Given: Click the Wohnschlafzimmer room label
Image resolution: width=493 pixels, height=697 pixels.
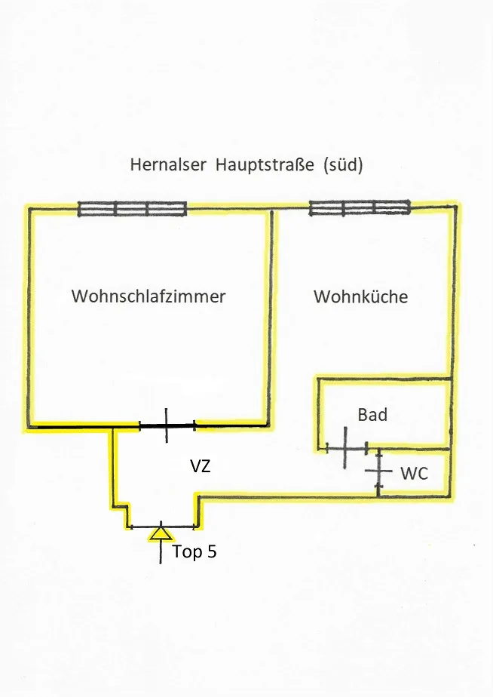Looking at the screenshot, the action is click(x=149, y=296).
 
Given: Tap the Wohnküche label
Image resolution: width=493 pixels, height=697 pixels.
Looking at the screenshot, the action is click(x=360, y=296).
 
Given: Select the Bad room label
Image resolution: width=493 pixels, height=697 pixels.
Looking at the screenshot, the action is click(x=372, y=415).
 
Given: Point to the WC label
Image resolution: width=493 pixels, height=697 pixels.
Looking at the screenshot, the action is click(x=414, y=474).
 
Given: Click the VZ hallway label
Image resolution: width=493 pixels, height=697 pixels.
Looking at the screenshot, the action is click(x=201, y=466).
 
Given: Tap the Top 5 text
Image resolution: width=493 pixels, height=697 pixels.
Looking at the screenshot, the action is click(x=194, y=551).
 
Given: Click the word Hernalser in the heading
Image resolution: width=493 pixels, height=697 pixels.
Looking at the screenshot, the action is click(x=168, y=164).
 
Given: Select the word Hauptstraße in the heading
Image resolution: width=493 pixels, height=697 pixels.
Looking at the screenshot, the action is click(x=265, y=164).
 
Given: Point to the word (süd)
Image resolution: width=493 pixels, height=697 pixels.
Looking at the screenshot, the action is click(x=343, y=165).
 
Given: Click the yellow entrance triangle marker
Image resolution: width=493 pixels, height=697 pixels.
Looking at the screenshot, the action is click(x=161, y=533).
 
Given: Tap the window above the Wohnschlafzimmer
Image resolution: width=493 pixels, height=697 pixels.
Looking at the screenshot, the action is click(x=133, y=208).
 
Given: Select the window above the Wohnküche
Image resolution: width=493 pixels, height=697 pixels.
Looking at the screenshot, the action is click(x=360, y=207).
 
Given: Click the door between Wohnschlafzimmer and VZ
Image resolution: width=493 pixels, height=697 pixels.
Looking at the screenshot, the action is click(x=167, y=426).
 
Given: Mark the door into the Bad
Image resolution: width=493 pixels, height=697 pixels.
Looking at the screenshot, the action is click(x=346, y=447).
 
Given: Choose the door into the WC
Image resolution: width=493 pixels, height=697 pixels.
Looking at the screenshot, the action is click(x=378, y=471).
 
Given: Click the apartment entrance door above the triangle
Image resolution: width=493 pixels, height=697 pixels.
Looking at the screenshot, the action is click(x=163, y=527).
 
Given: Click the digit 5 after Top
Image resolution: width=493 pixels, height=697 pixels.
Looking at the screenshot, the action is click(x=212, y=551).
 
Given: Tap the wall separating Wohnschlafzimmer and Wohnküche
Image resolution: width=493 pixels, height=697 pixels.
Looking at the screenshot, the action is click(x=271, y=318).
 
